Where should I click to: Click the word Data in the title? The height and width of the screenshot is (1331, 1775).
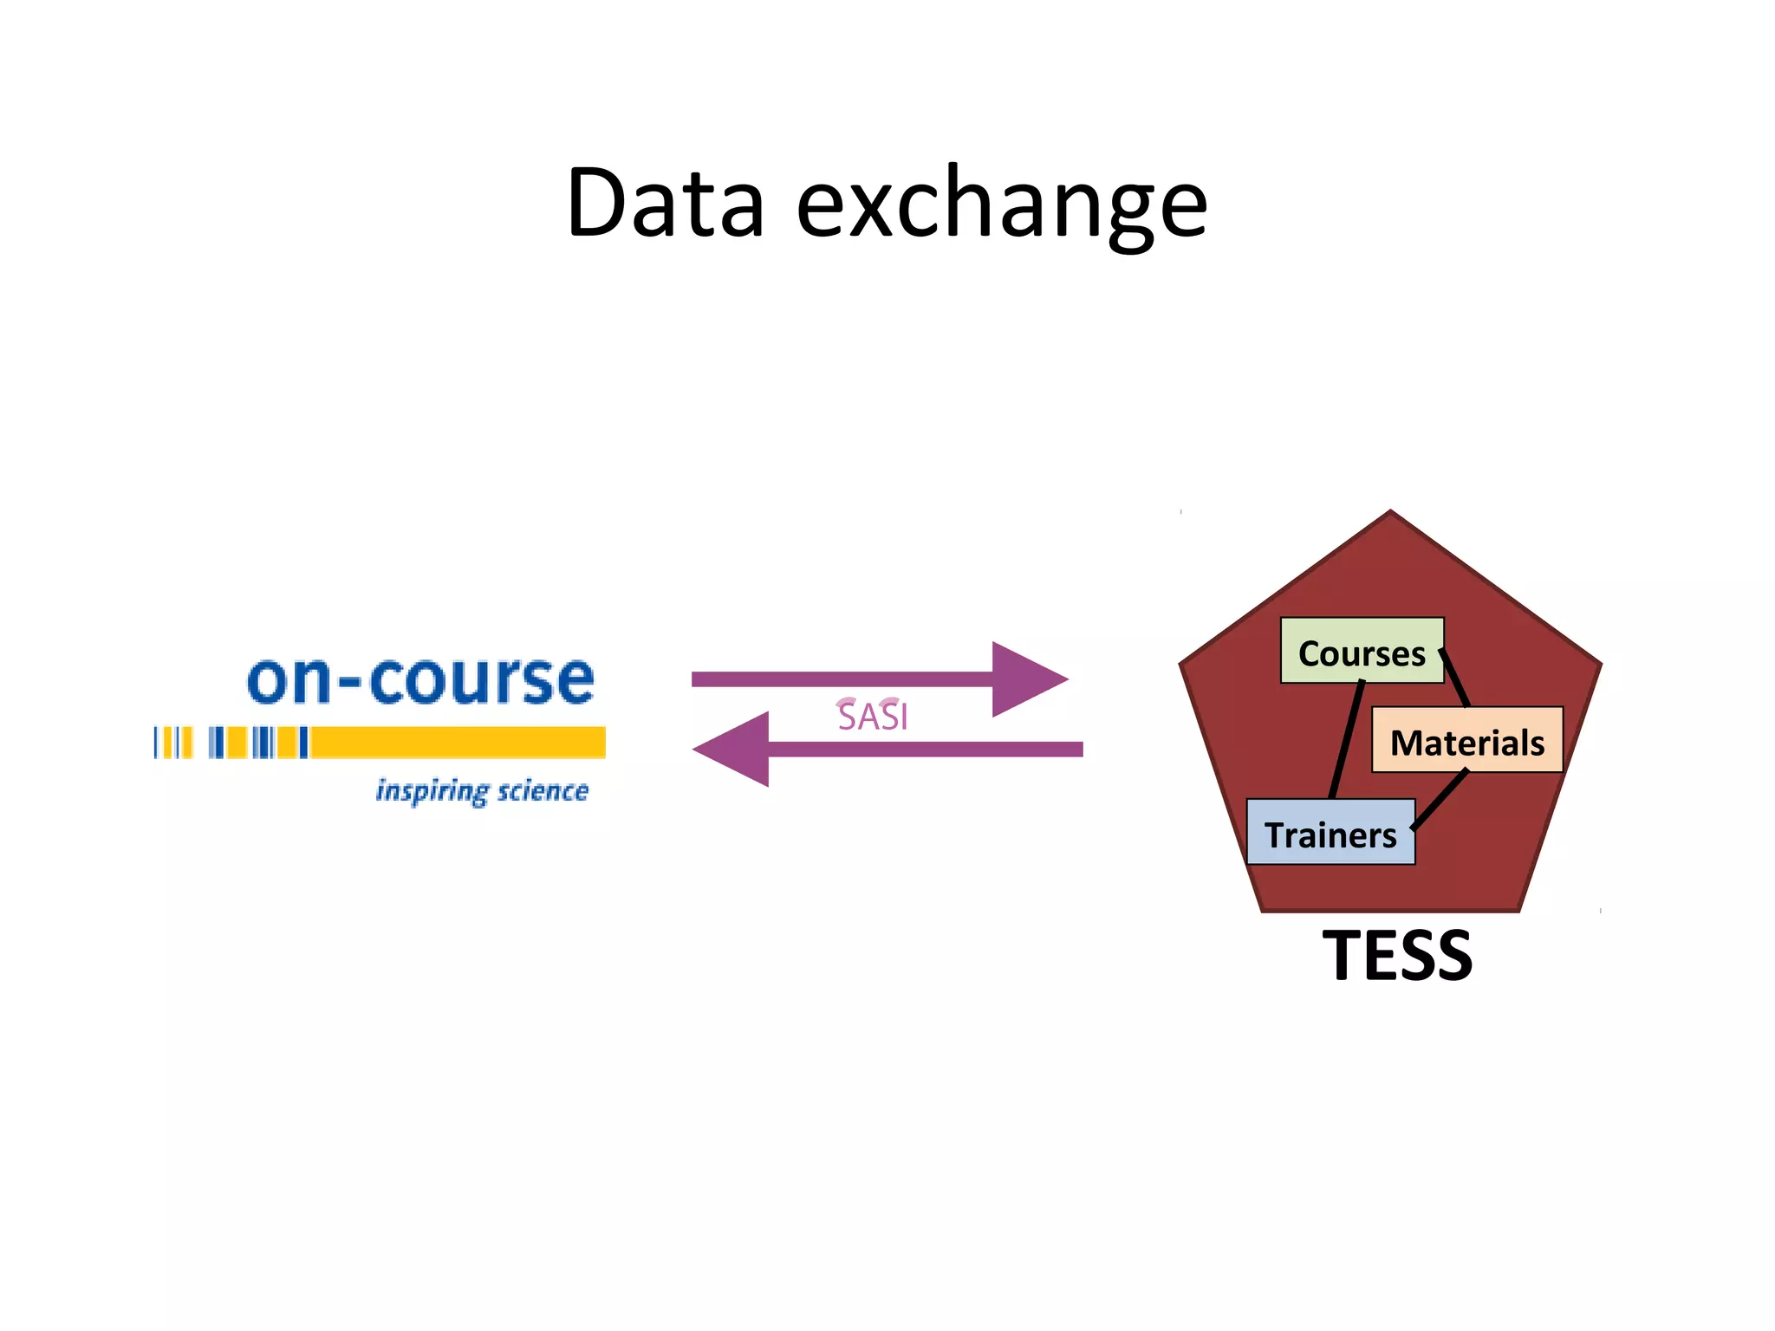pyautogui.click(x=665, y=204)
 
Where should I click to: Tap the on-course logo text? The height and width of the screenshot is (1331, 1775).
pyautogui.click(x=421, y=680)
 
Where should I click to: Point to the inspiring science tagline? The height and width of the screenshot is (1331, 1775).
pyautogui.click(x=482, y=791)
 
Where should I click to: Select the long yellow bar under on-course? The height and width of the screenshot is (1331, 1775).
pyautogui.click(x=458, y=743)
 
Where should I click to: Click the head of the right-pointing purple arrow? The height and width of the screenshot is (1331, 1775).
pyautogui.click(x=1027, y=679)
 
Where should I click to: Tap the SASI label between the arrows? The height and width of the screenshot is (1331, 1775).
pyautogui.click(x=873, y=717)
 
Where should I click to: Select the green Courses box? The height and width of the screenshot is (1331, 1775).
pyautogui.click(x=1362, y=651)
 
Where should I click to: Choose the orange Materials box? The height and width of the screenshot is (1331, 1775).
pyautogui.click(x=1466, y=741)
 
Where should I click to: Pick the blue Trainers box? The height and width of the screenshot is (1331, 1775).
pyautogui.click(x=1330, y=833)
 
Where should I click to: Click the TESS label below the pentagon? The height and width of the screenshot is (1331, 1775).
pyautogui.click(x=1397, y=956)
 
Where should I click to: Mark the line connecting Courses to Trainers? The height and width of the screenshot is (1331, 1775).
pyautogui.click(x=1348, y=739)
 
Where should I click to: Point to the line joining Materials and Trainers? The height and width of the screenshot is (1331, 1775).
pyautogui.click(x=1440, y=799)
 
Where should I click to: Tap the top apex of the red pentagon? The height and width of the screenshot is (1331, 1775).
pyautogui.click(x=1391, y=514)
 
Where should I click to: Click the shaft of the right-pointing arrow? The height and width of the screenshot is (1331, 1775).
pyautogui.click(x=841, y=679)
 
